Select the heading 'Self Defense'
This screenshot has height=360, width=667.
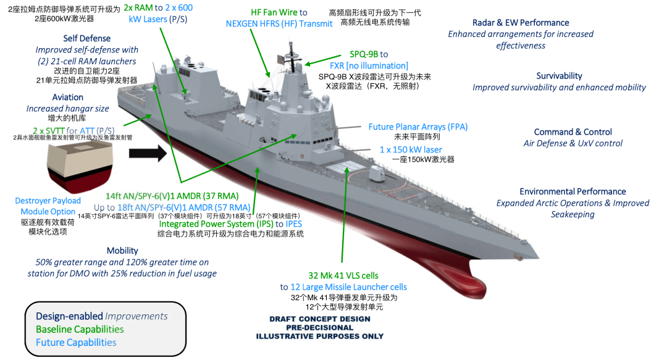pos(86,38)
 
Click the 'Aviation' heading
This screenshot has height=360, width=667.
pos(68,97)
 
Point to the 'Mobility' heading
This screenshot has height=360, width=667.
pos(122,251)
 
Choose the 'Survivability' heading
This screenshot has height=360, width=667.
pos(559,76)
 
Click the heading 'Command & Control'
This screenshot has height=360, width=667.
pos(573,132)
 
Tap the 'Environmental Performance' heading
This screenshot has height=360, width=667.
pos(573,191)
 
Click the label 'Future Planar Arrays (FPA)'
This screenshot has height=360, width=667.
pos(417,127)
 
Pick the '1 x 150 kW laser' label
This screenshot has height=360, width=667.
pos(411,149)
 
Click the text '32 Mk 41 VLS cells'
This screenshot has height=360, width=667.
pos(343,275)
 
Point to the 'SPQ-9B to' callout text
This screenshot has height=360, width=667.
pos(369,54)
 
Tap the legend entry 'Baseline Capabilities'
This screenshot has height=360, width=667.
pos(80,329)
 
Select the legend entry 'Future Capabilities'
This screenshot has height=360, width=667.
pos(76,342)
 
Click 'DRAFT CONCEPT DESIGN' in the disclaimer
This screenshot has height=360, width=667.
pos(320,319)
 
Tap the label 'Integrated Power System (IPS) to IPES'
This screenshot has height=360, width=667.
pos(230,224)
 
